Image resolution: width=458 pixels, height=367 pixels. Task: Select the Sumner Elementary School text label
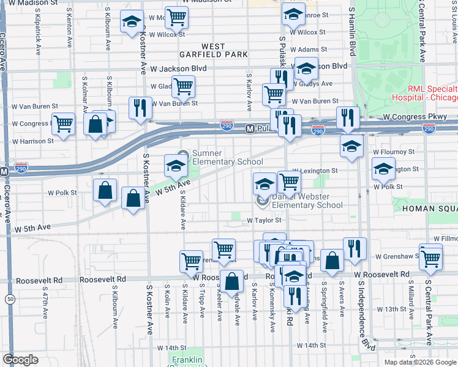[x=228, y=157]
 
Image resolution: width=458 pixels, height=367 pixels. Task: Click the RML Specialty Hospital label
[x=424, y=93]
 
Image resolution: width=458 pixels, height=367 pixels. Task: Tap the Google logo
[x=20, y=360]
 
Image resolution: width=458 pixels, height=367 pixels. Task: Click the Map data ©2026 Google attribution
[x=419, y=362]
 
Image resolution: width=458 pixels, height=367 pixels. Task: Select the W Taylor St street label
[x=264, y=220]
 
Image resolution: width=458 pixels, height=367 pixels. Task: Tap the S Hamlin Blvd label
[x=352, y=31]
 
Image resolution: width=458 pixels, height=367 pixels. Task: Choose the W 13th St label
[x=392, y=309]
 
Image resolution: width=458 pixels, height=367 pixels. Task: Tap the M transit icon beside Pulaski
[x=250, y=129]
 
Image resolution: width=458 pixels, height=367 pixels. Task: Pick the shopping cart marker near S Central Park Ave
[x=432, y=258]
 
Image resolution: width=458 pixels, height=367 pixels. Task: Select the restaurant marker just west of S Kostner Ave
[x=140, y=108]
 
